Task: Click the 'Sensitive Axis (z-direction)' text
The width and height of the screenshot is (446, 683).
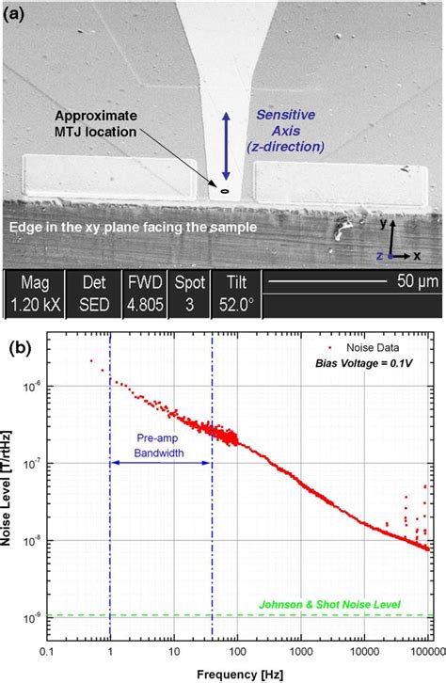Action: pyautogui.click(x=292, y=133)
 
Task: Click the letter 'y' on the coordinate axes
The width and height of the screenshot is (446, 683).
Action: pyautogui.click(x=385, y=224)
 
